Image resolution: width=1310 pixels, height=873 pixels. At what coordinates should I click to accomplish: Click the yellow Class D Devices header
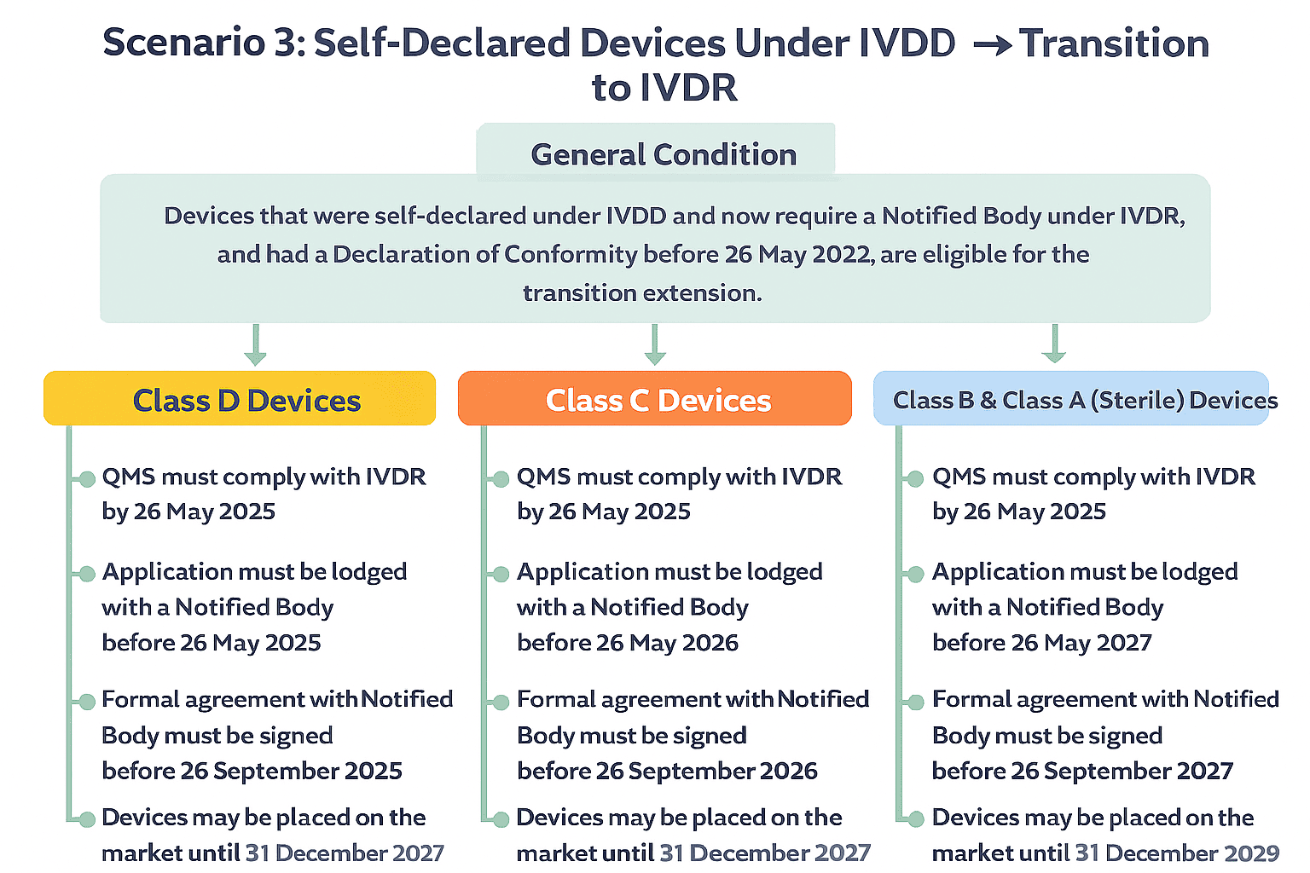pos(240,398)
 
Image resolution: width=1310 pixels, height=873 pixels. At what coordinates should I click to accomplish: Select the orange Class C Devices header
pos(654,398)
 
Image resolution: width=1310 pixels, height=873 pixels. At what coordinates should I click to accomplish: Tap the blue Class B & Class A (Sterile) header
pos(1071,398)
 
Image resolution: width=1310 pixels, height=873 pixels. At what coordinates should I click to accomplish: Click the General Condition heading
pos(663,154)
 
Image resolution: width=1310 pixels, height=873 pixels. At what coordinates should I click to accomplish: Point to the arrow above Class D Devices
pos(255,345)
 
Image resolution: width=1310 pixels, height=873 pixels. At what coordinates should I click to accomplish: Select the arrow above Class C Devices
pos(654,345)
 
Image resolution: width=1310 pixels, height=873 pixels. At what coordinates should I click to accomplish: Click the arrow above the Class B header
pos(1054,345)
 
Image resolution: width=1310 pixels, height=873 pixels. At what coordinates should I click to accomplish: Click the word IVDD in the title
pos(906,43)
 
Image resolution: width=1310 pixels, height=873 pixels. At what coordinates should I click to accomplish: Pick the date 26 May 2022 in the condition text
pos(797,254)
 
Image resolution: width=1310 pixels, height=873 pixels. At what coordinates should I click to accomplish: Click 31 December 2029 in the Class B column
pos(1177,853)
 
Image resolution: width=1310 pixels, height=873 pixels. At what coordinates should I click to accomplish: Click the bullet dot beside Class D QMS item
pos(87,479)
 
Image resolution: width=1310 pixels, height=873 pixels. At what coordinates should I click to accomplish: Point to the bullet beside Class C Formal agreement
pos(501,702)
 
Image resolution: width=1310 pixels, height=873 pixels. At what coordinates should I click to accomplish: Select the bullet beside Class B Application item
pos(915,574)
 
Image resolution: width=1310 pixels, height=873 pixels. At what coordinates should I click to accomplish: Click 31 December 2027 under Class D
pos(345,853)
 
